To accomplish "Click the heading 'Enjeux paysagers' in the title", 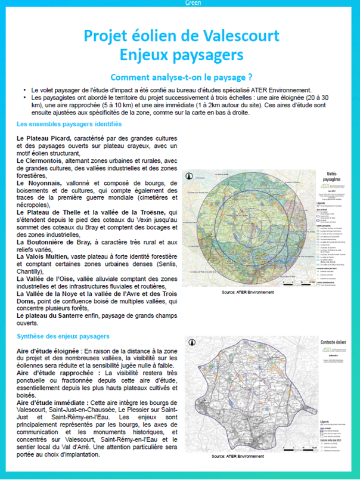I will click(x=180, y=55).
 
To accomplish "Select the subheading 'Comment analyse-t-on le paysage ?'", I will click(x=180, y=78).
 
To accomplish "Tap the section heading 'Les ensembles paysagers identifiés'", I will click(x=70, y=123).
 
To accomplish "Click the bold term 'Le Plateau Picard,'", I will click(x=45, y=138).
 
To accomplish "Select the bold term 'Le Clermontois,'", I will click(x=41, y=161).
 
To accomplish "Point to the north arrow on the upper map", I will click(x=190, y=176).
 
